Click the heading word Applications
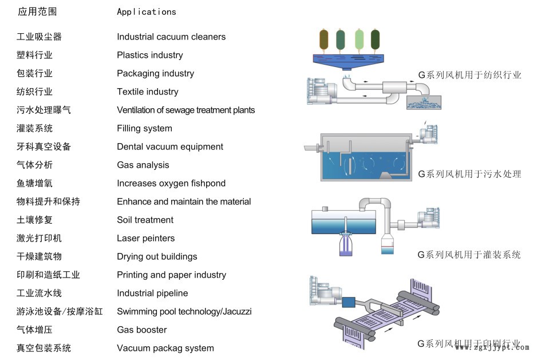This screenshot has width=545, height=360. pos(147,11)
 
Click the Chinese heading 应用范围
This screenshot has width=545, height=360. pos(37,11)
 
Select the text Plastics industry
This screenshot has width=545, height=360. pos(150,55)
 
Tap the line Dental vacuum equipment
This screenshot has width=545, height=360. pos(170,147)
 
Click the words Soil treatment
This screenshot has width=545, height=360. pos(145,220)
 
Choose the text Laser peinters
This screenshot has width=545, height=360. pos(146,238)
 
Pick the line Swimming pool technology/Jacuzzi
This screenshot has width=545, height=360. pos(184,311)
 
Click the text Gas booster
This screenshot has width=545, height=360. pos(142,330)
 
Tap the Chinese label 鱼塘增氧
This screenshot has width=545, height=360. pos(34,183)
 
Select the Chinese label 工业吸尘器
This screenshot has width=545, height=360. pos(39,37)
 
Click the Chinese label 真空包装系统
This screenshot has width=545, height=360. pos(44,348)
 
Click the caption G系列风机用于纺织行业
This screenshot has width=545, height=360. pos(469,75)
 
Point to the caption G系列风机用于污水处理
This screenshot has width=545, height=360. pos(469,174)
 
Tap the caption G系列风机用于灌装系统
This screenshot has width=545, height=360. pos(469,255)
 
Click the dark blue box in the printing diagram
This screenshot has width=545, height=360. pos(349,302)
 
